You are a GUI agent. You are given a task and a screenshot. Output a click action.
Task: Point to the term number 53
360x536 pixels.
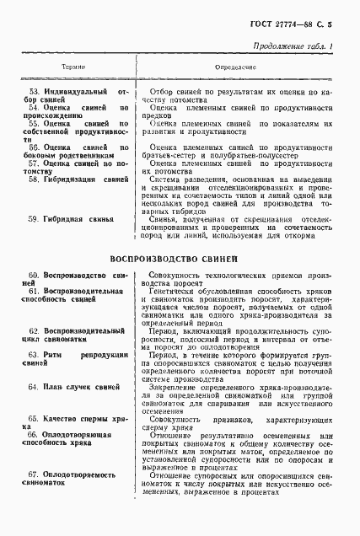point(35,90)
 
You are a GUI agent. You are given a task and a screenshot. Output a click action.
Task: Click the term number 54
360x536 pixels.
point(35,108)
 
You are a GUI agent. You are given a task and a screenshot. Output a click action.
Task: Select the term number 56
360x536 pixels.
point(35,144)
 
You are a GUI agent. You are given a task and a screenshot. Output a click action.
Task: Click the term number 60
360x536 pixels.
point(35,276)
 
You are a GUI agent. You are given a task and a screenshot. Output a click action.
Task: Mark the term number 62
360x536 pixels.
point(35,332)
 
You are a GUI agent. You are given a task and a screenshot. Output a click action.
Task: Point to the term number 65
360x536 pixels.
point(35,418)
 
